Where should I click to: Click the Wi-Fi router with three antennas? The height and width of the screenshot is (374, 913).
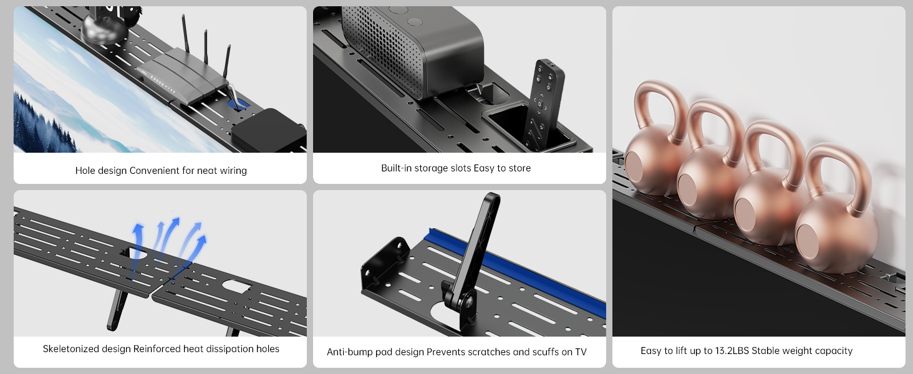183,77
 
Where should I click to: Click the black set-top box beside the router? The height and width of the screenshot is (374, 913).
269,130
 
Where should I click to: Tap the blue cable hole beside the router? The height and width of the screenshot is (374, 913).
238,104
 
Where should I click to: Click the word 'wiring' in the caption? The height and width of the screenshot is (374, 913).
233,171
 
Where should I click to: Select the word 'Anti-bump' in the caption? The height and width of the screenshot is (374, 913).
349,352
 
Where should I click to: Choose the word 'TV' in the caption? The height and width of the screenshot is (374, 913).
581,352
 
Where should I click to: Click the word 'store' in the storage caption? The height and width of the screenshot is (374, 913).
519,168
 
